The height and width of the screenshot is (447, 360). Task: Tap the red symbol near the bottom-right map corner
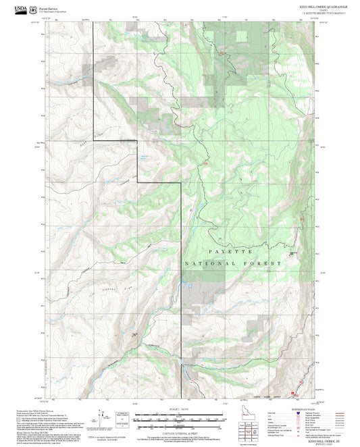293,392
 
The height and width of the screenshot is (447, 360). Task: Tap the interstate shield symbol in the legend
291,413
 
